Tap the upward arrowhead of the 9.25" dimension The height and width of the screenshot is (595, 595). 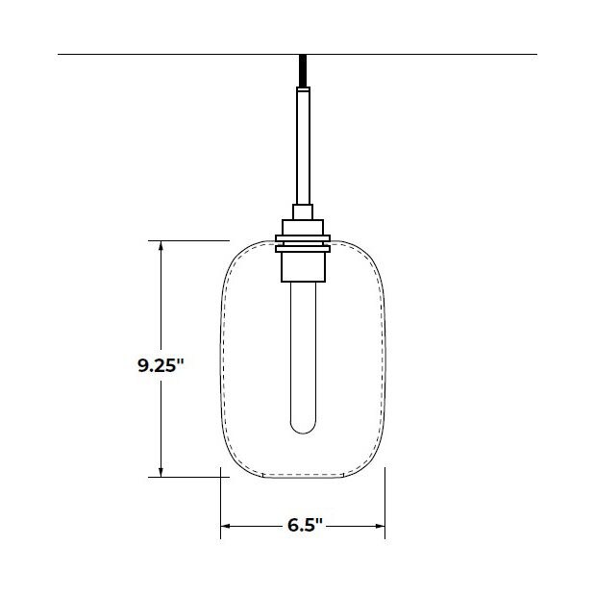pyautogui.click(x=161, y=246)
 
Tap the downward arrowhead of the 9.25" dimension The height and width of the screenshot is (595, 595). pyautogui.click(x=161, y=470)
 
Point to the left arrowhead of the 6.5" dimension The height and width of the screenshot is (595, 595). pyautogui.click(x=228, y=526)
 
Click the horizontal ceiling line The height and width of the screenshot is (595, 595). pyautogui.click(x=144, y=55)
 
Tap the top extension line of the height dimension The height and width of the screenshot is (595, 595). pyautogui.click(x=192, y=239)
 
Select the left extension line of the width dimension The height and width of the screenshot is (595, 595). pyautogui.click(x=222, y=500)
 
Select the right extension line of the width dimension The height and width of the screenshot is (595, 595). pyautogui.click(x=385, y=500)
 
